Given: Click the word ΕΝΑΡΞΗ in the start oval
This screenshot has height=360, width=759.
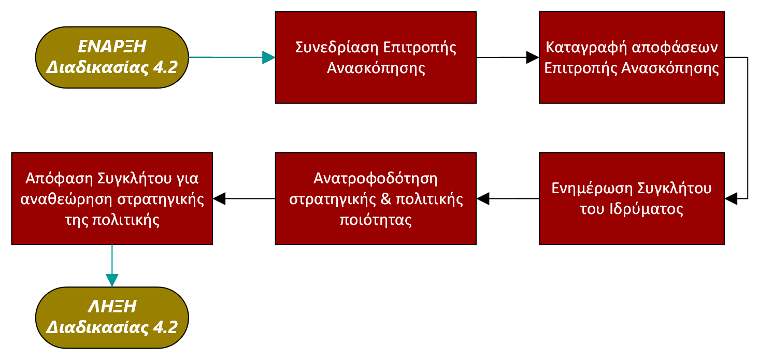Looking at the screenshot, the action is pyautogui.click(x=112, y=47).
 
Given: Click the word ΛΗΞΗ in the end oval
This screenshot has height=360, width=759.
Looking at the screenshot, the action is pyautogui.click(x=112, y=307).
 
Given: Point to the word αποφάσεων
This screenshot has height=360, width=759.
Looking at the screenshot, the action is pyautogui.click(x=675, y=48).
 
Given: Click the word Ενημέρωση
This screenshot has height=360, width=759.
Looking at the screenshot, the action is pyautogui.click(x=592, y=189).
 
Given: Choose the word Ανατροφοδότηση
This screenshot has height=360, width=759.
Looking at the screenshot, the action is pyautogui.click(x=376, y=179).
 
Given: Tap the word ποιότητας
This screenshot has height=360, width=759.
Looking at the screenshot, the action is pyautogui.click(x=376, y=220).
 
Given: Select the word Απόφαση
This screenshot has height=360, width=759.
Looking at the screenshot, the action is pyautogui.click(x=59, y=179).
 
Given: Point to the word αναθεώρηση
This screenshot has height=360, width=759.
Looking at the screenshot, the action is pyautogui.click(x=66, y=199).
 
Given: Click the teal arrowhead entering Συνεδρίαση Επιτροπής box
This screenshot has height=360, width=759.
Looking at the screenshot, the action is pyautogui.click(x=269, y=57).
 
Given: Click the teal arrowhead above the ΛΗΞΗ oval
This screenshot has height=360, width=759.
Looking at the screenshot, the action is pyautogui.click(x=112, y=280).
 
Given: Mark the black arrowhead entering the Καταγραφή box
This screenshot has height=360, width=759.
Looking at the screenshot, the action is pyautogui.click(x=533, y=57).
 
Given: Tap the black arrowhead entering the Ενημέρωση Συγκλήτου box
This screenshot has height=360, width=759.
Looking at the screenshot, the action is pyautogui.click(x=731, y=199).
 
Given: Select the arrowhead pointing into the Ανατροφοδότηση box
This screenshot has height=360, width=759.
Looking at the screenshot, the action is pyautogui.click(x=483, y=199).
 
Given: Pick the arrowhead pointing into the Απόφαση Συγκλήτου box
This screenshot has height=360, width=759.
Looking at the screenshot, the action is pyautogui.click(x=219, y=199).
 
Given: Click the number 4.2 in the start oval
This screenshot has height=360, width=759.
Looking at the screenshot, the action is pyautogui.click(x=165, y=67).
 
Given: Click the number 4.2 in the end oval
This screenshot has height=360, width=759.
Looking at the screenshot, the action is pyautogui.click(x=165, y=327).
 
